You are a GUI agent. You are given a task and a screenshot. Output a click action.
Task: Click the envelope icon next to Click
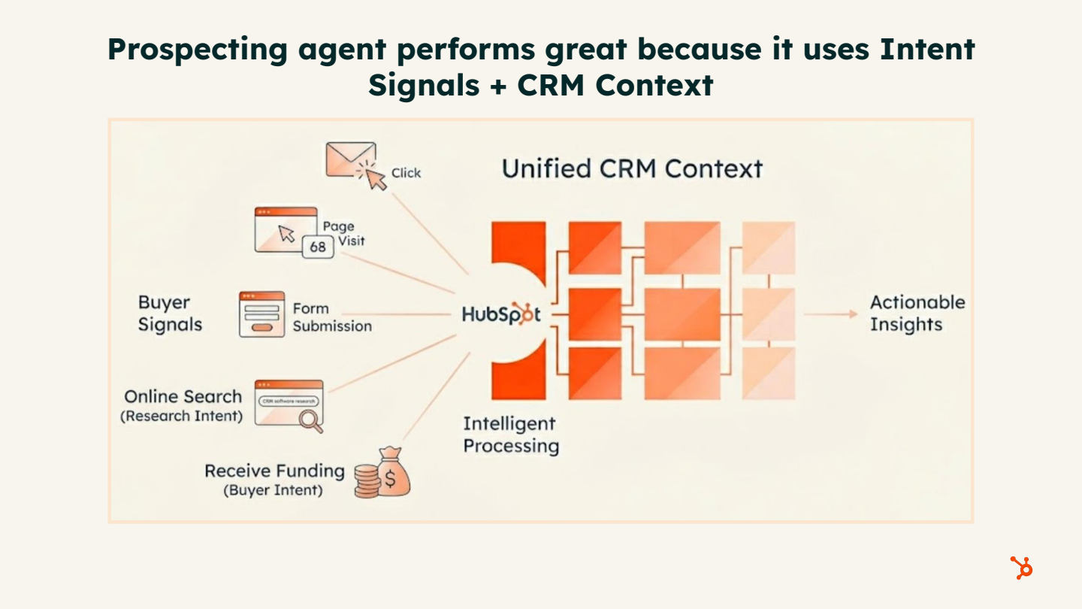click(x=349, y=160)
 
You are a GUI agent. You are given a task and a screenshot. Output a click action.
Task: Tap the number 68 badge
click(x=318, y=247)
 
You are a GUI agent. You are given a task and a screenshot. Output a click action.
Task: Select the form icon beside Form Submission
click(x=261, y=314)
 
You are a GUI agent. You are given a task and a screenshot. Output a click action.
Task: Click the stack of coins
click(x=367, y=481)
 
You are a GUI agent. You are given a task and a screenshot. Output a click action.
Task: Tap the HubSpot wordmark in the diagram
click(x=501, y=314)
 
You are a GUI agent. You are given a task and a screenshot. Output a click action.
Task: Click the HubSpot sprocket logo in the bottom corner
click(x=1021, y=568)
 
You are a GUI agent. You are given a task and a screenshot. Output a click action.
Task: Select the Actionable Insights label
click(x=917, y=314)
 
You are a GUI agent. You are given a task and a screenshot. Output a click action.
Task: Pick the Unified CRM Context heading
click(x=632, y=168)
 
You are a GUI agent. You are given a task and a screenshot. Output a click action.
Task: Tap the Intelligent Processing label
click(x=511, y=435)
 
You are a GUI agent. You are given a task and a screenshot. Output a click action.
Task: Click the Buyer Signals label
click(x=170, y=314)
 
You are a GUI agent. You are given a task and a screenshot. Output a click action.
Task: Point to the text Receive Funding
click(x=274, y=471)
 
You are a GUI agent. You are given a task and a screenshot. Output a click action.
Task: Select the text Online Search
click(x=183, y=396)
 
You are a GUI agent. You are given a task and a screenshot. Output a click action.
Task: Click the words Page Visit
click(x=343, y=233)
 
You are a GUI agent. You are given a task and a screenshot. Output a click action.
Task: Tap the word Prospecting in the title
click(x=197, y=49)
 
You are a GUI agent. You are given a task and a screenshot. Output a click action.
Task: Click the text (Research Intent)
click(x=182, y=416)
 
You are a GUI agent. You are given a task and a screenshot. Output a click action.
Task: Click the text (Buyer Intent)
click(x=273, y=490)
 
